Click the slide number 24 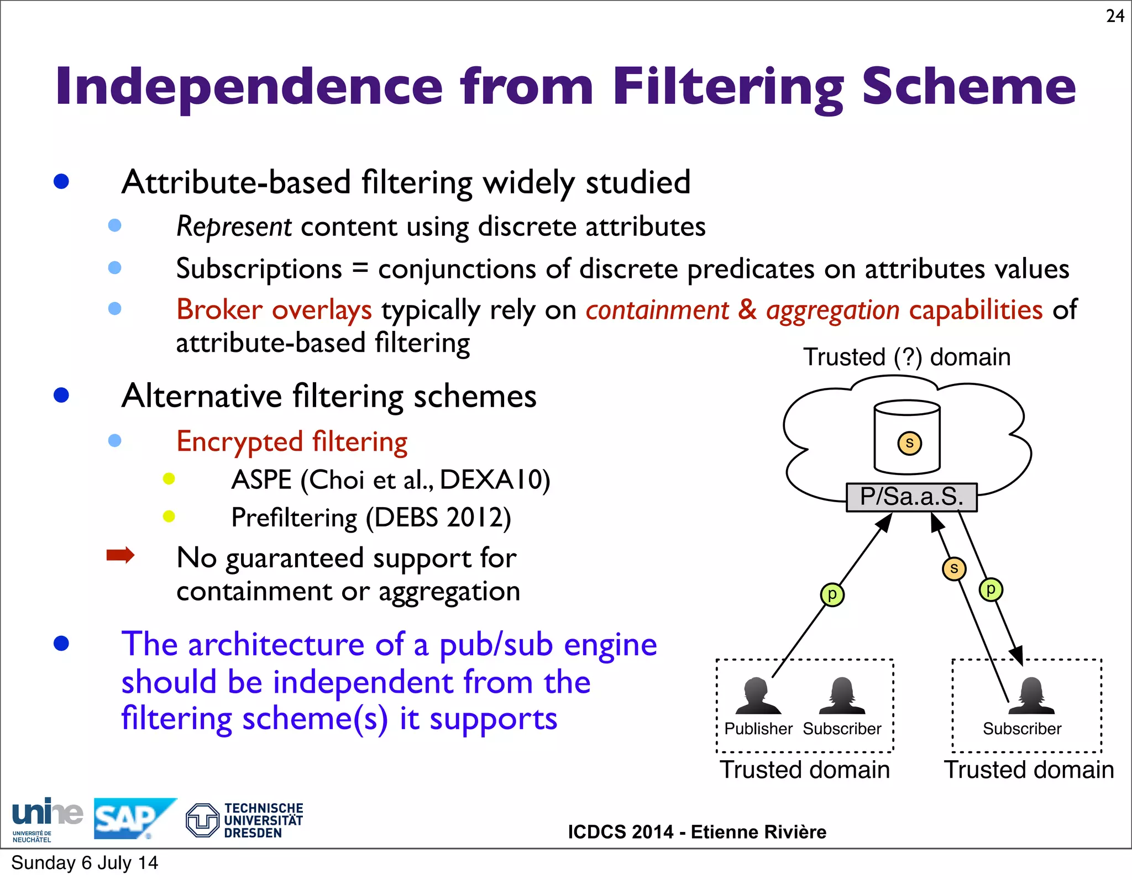[1115, 16]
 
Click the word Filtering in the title [728, 87]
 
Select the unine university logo [46, 819]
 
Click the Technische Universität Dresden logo [245, 820]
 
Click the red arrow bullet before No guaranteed [120, 555]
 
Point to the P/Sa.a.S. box [911, 497]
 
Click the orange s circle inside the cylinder [909, 443]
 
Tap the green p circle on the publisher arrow [832, 594]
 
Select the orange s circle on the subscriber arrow [954, 568]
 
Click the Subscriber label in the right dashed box [1022, 729]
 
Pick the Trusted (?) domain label [906, 357]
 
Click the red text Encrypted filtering [292, 442]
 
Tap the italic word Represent [234, 226]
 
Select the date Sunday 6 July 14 [85, 863]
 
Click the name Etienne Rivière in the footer [758, 832]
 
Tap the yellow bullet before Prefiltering [169, 517]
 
